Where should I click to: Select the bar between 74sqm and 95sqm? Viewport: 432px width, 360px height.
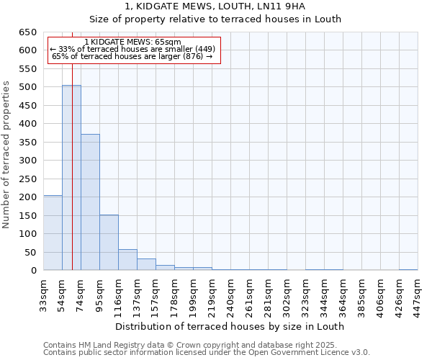coord(90,202)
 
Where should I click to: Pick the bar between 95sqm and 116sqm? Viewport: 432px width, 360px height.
coord(109,243)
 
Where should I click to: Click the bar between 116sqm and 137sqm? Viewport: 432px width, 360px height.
coord(127,260)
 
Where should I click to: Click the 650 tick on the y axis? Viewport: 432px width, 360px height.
coord(27,32)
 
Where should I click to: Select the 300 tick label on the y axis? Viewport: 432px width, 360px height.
coord(27,161)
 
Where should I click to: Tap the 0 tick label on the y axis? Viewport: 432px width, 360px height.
coord(33,271)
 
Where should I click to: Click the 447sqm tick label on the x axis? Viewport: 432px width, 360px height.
coord(418,293)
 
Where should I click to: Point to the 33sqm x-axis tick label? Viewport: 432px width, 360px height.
coord(44,293)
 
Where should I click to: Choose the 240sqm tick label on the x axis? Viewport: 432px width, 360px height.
coord(231,293)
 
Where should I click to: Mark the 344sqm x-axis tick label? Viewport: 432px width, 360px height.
coord(325,293)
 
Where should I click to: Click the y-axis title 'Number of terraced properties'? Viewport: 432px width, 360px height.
coord(6,155)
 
